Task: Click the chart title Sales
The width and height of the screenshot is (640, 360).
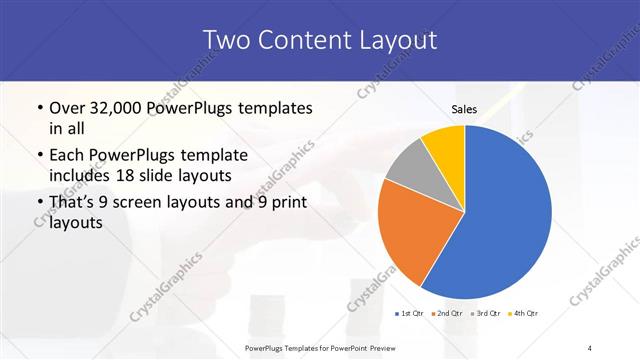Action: pyautogui.click(x=464, y=110)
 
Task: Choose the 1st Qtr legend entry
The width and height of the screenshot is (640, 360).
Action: pyautogui.click(x=409, y=314)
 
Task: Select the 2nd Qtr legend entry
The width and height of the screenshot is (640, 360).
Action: pyautogui.click(x=447, y=314)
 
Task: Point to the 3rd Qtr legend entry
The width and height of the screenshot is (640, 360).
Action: pyautogui.click(x=486, y=314)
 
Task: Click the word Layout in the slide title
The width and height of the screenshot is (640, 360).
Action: pyautogui.click(x=397, y=40)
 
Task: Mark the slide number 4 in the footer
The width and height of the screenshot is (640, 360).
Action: pyautogui.click(x=590, y=347)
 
